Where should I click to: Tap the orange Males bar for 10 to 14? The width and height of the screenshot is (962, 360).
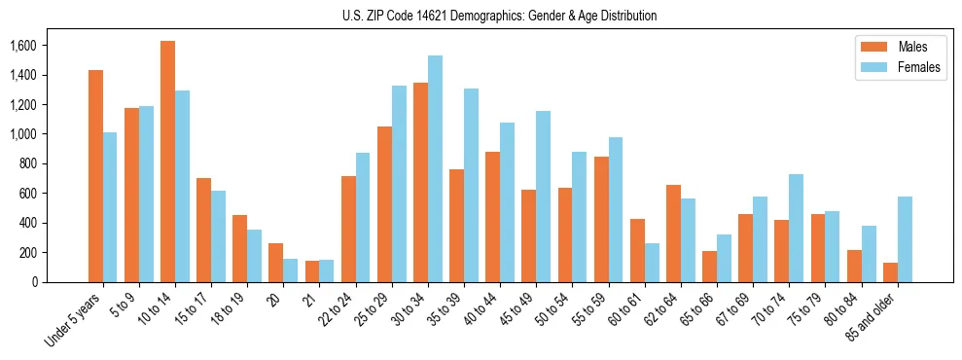[167, 162]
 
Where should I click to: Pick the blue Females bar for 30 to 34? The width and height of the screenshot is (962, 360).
[435, 168]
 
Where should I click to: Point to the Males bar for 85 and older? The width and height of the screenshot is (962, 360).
[890, 272]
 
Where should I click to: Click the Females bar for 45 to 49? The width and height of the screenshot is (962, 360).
[544, 197]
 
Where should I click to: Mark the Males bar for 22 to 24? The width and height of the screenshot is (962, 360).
[348, 230]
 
